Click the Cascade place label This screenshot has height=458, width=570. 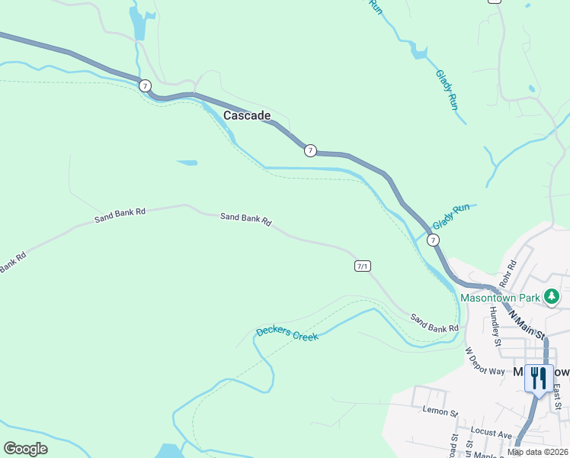pos(247,115)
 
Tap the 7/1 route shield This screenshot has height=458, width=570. pos(363,266)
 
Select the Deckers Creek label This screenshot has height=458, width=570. pos(287,333)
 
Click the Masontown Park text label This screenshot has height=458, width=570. pos(499,296)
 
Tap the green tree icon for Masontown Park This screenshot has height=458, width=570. pos(551,296)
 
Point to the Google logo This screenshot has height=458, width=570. pos(25,449)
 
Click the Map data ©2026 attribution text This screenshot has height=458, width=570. pos(537,452)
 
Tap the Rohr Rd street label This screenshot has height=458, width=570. pos(509,273)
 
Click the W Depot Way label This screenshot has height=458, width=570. pos(485,361)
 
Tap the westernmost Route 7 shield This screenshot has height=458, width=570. pos(145,85)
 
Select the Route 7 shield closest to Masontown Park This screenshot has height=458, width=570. pos(433,240)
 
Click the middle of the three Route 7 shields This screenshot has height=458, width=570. pos(310,150)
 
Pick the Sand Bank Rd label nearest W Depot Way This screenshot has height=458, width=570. pos(434,323)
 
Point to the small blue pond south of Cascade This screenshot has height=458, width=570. pos(187,163)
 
